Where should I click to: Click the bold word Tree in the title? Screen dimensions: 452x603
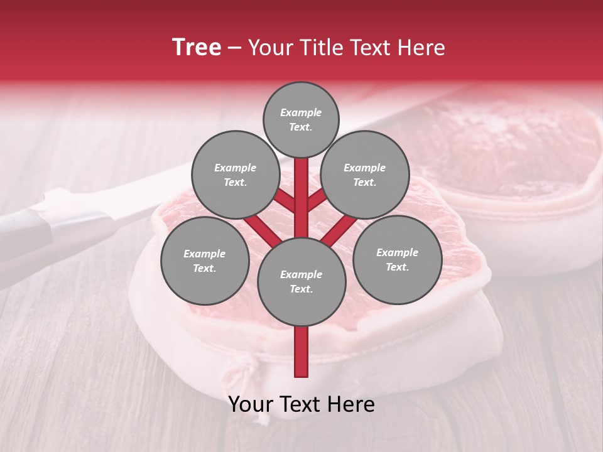197,47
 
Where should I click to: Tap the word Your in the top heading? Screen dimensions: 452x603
269,48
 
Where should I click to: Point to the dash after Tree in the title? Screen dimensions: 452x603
234,48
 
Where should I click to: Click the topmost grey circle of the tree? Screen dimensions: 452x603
301,119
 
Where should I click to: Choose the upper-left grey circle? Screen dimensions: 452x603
235,175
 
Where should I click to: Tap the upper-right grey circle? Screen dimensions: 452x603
365,175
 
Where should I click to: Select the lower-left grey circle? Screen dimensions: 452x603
205,261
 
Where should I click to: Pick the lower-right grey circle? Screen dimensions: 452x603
397,259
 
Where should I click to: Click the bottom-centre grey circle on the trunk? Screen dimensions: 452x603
301,281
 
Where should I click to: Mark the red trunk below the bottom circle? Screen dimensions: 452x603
301,352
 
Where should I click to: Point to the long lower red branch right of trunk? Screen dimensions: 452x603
340,229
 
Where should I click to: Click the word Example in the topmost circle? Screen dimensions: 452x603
301,113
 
